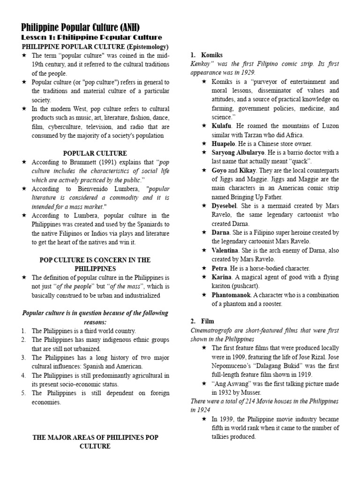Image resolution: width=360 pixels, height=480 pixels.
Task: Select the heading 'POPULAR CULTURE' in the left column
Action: [x=95, y=153]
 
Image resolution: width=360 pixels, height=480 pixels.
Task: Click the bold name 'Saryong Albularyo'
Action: [x=238, y=153]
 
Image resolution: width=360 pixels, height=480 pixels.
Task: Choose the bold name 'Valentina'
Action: [x=227, y=250]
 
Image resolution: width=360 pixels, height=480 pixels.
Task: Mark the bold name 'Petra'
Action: [x=220, y=268]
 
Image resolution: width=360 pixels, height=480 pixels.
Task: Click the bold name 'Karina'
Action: [x=222, y=277]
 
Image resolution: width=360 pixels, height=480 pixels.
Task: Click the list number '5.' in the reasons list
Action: [x=24, y=393]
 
